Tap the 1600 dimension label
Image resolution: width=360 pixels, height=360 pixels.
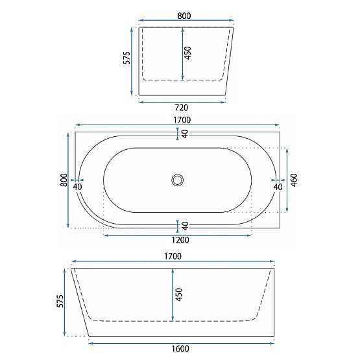(x=181, y=348)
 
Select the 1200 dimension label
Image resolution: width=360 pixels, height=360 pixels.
(x=176, y=240)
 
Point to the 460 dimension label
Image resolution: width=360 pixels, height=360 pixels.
(x=294, y=180)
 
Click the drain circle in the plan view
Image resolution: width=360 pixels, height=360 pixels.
(x=177, y=180)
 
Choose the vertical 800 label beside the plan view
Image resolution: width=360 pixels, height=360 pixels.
(x=64, y=180)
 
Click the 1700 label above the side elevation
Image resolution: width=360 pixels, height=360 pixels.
(x=173, y=256)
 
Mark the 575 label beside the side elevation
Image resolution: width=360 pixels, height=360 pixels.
(x=60, y=302)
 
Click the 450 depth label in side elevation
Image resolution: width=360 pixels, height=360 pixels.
(x=179, y=295)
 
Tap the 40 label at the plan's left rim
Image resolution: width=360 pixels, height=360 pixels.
(x=78, y=187)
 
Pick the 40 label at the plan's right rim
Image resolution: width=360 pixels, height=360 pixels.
(x=278, y=187)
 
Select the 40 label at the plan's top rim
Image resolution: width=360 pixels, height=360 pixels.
(x=185, y=134)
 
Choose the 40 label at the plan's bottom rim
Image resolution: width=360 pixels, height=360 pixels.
(x=185, y=226)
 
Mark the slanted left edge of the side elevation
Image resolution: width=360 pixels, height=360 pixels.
(x=80, y=302)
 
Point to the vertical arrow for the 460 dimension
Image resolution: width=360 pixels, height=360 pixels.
(x=286, y=180)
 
